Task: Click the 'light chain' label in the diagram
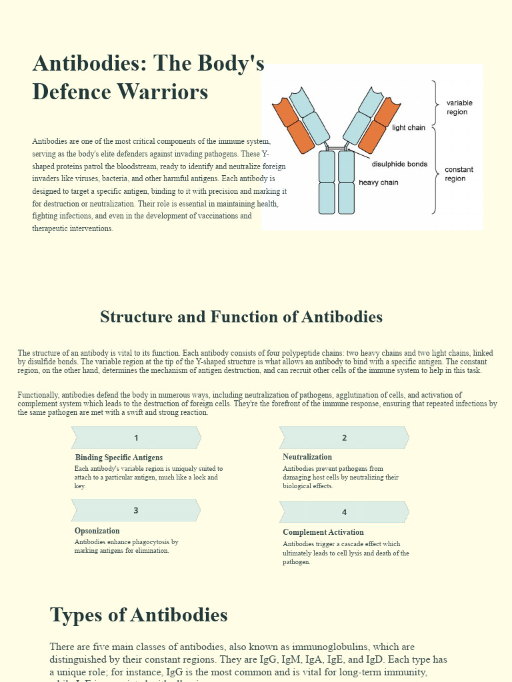pyautogui.click(x=408, y=128)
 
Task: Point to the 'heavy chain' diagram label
pyautogui.click(x=378, y=182)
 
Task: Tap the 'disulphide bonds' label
pyautogui.click(x=399, y=165)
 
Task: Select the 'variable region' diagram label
pyautogui.click(x=459, y=107)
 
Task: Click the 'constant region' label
pyautogui.click(x=459, y=174)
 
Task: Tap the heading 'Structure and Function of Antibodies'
pyautogui.click(x=241, y=317)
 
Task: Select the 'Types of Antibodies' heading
pyautogui.click(x=139, y=615)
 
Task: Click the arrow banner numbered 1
pyautogui.click(x=136, y=438)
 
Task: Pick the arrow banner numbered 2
pyautogui.click(x=344, y=438)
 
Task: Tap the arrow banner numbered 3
pyautogui.click(x=136, y=511)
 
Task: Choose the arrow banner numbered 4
pyautogui.click(x=344, y=512)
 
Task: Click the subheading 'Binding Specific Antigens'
pyautogui.click(x=119, y=458)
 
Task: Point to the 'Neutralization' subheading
pyautogui.click(x=307, y=457)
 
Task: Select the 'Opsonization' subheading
pyautogui.click(x=97, y=531)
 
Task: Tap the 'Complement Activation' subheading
pyautogui.click(x=323, y=532)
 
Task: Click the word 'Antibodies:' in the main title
pyautogui.click(x=89, y=64)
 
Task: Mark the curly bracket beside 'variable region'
pyautogui.click(x=435, y=103)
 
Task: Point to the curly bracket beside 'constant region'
pyautogui.click(x=435, y=170)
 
